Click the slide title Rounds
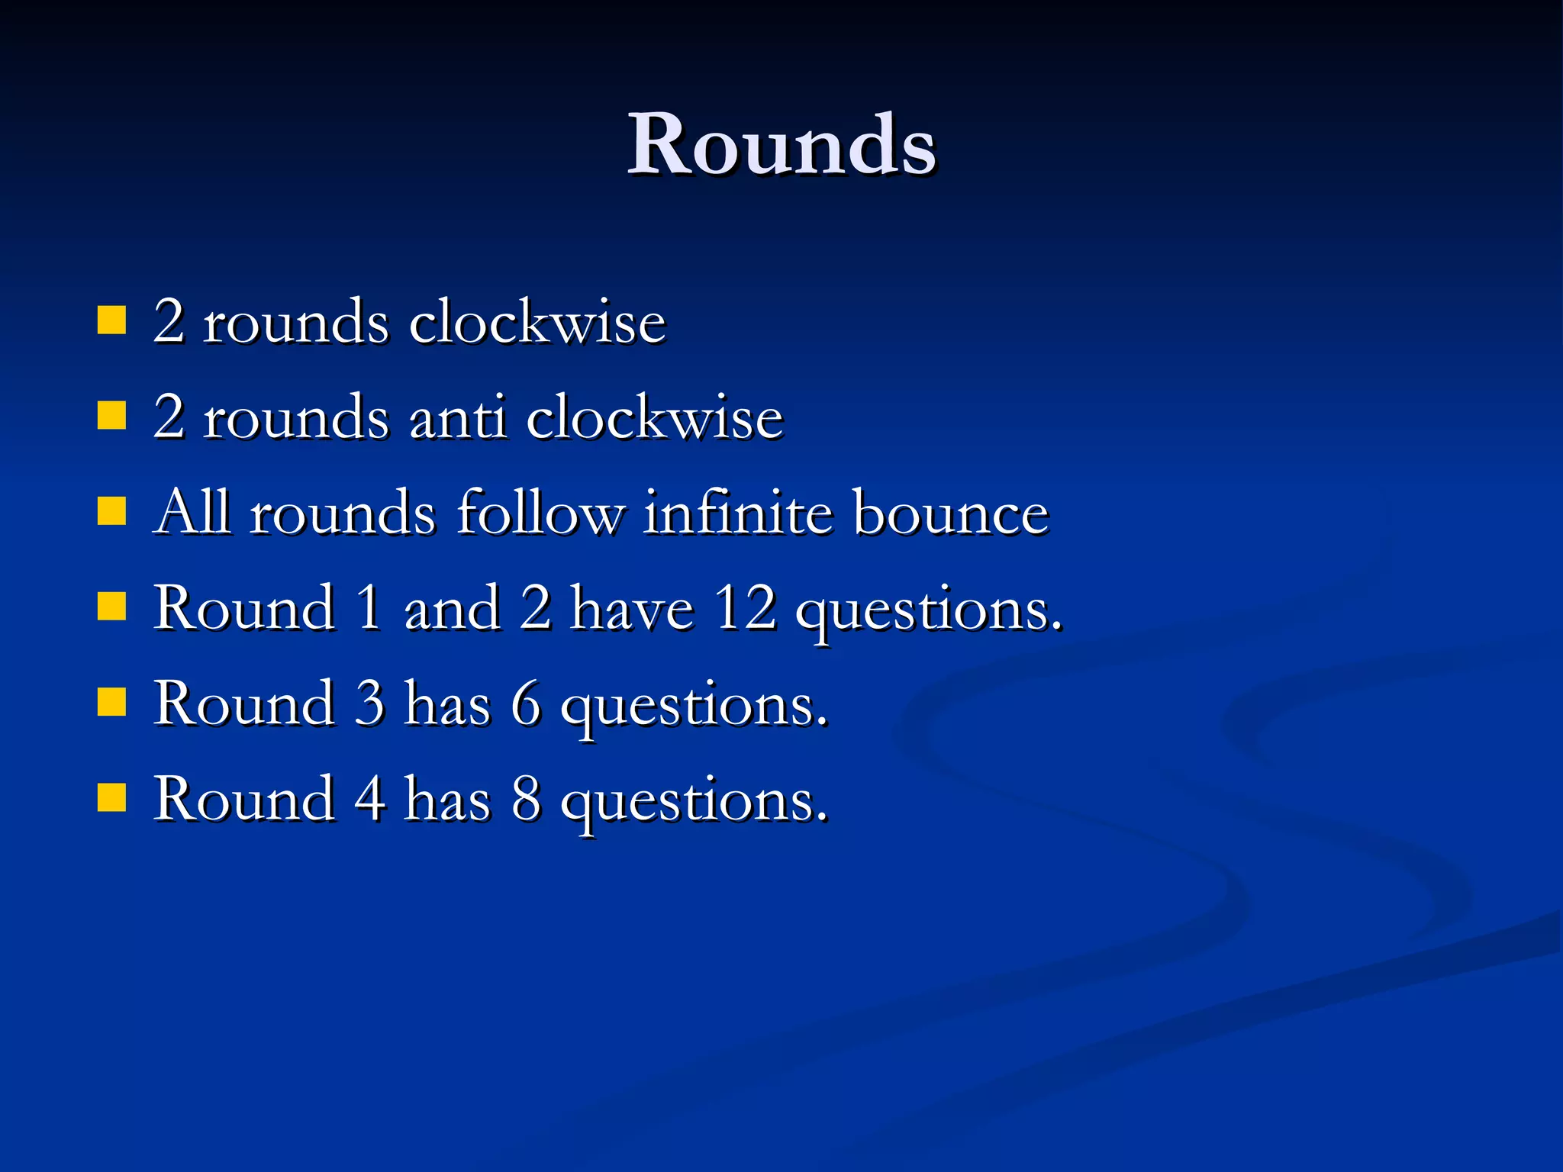coord(781,145)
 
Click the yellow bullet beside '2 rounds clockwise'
coord(111,321)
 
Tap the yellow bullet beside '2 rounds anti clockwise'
coord(111,417)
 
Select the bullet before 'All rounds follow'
coord(111,512)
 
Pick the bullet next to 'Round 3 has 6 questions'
coord(111,703)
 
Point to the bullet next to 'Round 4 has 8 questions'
coord(111,798)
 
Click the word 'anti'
coord(457,418)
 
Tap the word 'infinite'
coord(738,513)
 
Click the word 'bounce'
coord(951,513)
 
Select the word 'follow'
coord(540,513)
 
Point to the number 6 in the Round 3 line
coord(525,704)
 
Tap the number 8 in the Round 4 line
coord(526,800)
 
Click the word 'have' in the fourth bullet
coord(632,609)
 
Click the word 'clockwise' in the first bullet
coord(537,322)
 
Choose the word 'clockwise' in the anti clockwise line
coord(655,418)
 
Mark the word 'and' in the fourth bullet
coord(452,609)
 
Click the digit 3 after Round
coord(369,704)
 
